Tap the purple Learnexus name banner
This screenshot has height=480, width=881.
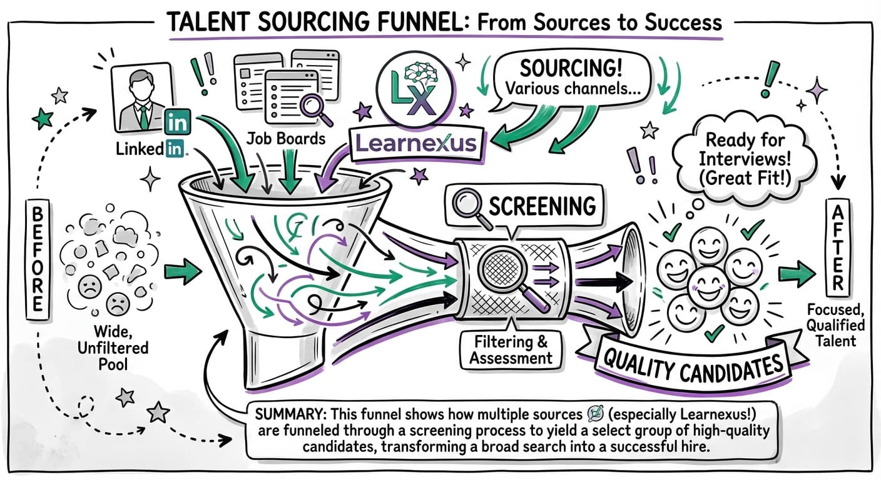(x=417, y=144)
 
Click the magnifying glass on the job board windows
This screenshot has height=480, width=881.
(x=312, y=105)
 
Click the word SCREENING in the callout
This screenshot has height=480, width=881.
(x=542, y=207)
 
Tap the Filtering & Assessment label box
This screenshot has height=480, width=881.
(x=511, y=350)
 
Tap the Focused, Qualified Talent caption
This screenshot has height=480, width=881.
(x=835, y=325)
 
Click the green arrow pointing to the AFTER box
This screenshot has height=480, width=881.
(x=797, y=274)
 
